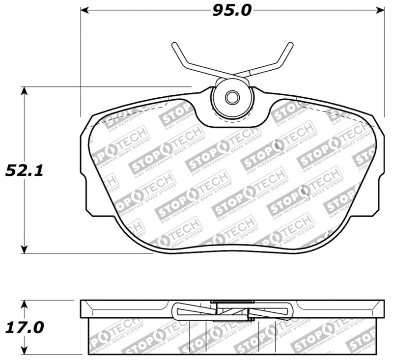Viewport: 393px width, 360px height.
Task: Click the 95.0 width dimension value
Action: click(x=232, y=9)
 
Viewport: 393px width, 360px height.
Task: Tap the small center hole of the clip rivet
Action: click(x=231, y=96)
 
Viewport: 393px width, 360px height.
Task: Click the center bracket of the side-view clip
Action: click(x=233, y=309)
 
